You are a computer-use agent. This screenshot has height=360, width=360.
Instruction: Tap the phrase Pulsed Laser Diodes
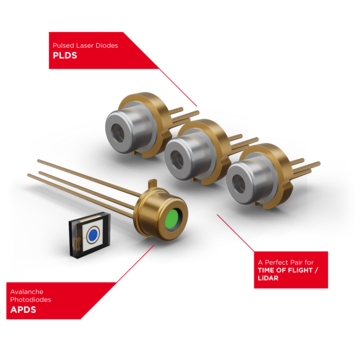pyautogui.click(x=76, y=45)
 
